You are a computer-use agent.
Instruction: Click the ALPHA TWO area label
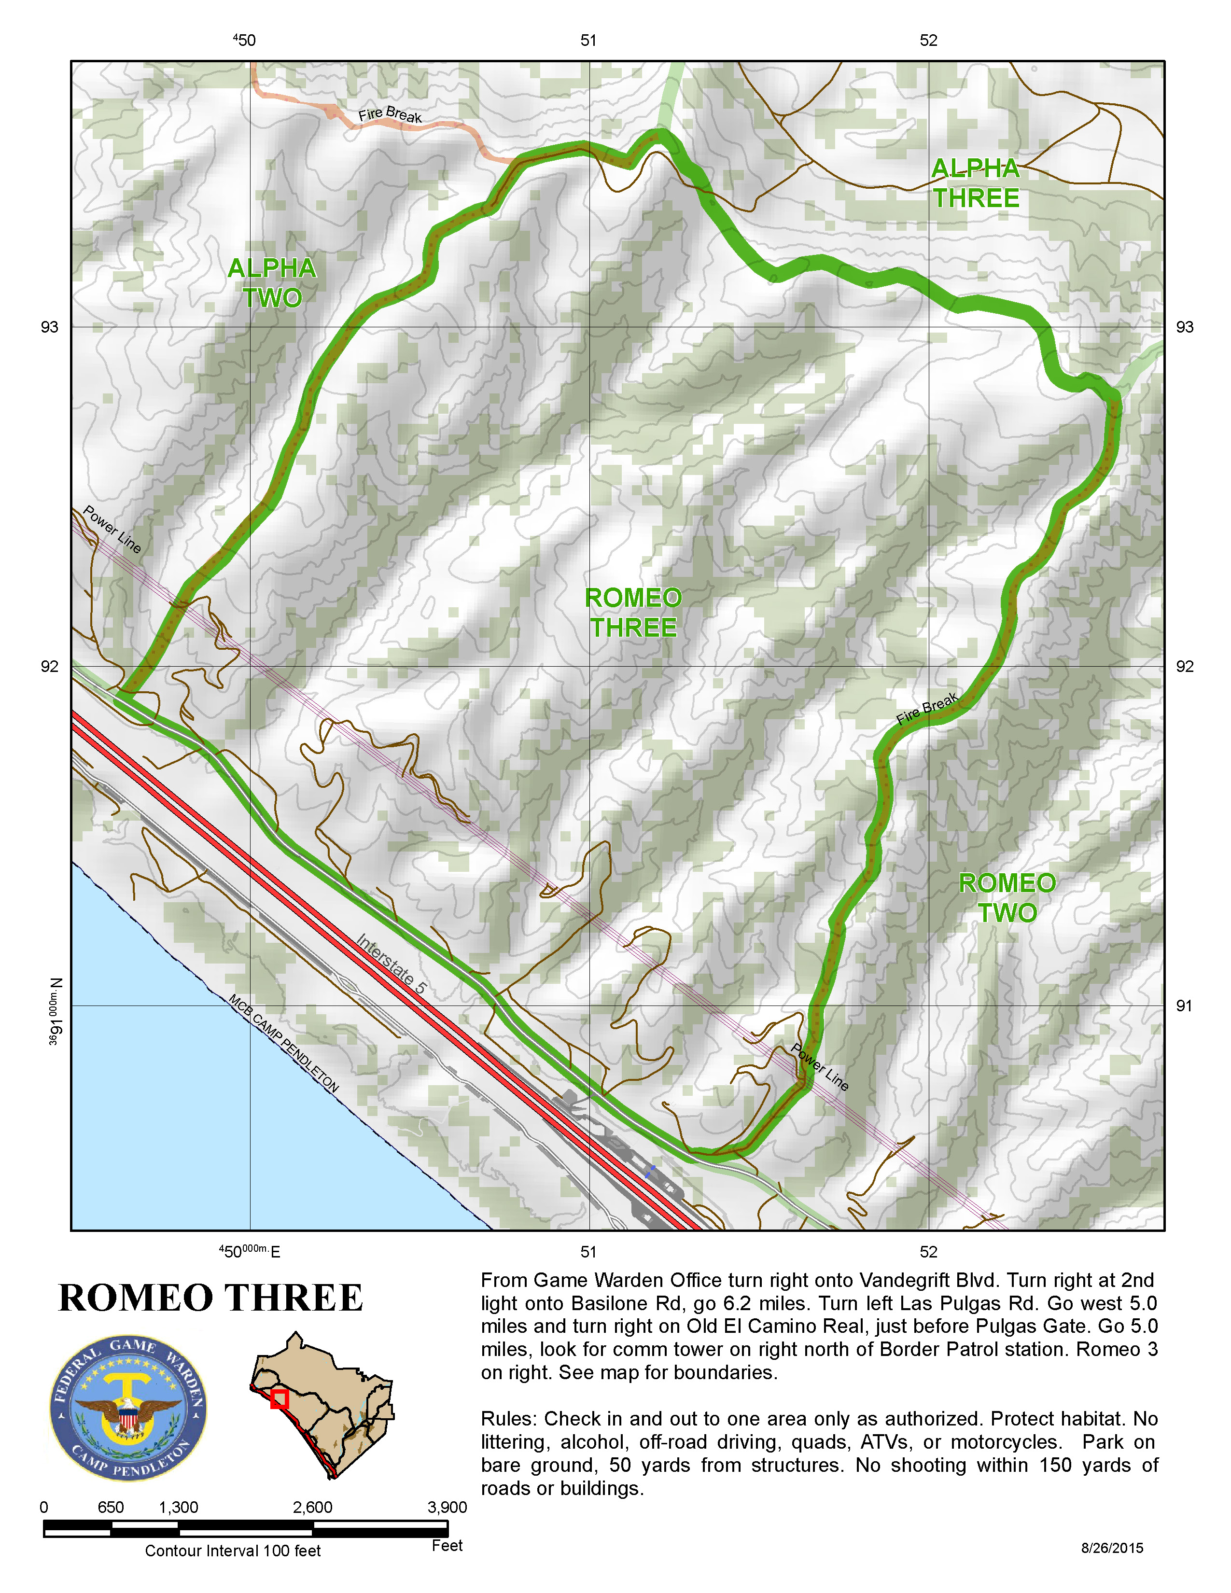(x=271, y=283)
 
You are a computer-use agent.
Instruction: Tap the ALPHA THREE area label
(x=976, y=183)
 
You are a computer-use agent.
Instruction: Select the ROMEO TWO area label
(x=1007, y=898)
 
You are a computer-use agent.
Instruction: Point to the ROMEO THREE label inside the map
(x=633, y=613)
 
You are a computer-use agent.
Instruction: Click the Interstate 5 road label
(x=391, y=965)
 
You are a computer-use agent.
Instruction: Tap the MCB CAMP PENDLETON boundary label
(x=284, y=1044)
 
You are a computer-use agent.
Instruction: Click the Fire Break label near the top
(x=390, y=115)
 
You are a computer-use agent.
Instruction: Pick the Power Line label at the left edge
(x=112, y=530)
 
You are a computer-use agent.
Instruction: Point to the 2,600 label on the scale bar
(x=312, y=1508)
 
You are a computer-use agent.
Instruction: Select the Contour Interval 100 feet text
(x=233, y=1551)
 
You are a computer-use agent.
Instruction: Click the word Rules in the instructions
(x=508, y=1419)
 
